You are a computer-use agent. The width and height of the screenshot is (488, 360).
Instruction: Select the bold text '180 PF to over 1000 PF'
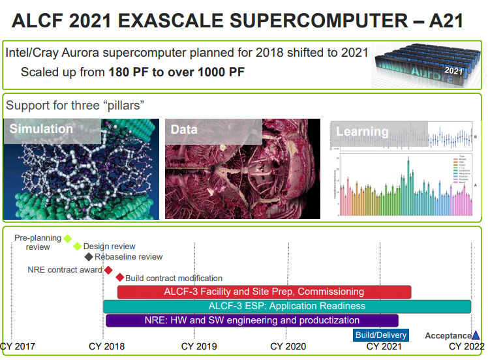[176, 72]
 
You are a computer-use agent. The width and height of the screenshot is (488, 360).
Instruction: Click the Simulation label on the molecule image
[41, 129]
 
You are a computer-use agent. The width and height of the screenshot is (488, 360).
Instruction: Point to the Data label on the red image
[184, 130]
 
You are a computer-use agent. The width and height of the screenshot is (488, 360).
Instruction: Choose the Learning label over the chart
[362, 132]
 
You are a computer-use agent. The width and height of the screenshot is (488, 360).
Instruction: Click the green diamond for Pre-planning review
[67, 239]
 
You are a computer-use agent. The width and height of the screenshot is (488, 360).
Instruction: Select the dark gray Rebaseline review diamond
[89, 257]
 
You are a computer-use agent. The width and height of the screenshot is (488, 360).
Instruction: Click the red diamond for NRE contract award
[108, 270]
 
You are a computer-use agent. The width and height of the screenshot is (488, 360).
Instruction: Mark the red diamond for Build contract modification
[119, 278]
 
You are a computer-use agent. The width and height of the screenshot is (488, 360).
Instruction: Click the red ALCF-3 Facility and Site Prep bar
[264, 292]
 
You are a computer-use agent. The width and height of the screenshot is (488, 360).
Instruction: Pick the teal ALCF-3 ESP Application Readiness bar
[287, 306]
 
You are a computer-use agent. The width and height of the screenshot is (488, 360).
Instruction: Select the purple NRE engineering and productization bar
[252, 320]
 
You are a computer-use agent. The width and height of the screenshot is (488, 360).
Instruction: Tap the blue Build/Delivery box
[381, 335]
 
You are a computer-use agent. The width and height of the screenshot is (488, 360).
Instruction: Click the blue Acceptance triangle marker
[476, 335]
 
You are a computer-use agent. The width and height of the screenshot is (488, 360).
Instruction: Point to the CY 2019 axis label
[199, 347]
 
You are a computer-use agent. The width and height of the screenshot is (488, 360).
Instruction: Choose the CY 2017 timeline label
[18, 347]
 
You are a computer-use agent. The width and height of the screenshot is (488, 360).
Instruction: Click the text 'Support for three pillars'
[75, 106]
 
